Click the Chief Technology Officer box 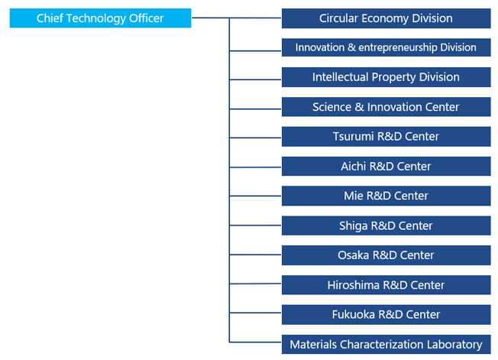click(x=100, y=18)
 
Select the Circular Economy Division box click(x=386, y=18)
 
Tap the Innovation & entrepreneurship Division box click(x=386, y=47)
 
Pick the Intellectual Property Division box click(x=386, y=77)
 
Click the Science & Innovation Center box click(x=386, y=107)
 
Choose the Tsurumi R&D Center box click(x=386, y=137)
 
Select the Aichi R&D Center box click(x=386, y=166)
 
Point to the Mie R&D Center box click(x=386, y=196)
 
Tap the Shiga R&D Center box click(x=386, y=225)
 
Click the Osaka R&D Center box click(x=386, y=255)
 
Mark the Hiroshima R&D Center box click(x=386, y=285)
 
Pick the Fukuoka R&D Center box click(x=386, y=315)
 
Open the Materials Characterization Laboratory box click(x=386, y=344)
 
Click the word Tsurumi click(x=353, y=136)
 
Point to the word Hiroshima click(x=353, y=285)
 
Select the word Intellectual click(x=340, y=77)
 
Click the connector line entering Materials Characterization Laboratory click(x=255, y=342)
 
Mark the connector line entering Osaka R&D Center click(x=255, y=255)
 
